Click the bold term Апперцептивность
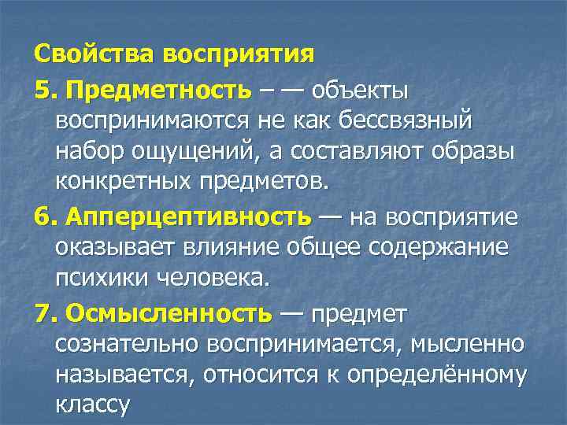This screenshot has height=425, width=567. (190, 216)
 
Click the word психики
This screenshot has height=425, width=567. (102, 278)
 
